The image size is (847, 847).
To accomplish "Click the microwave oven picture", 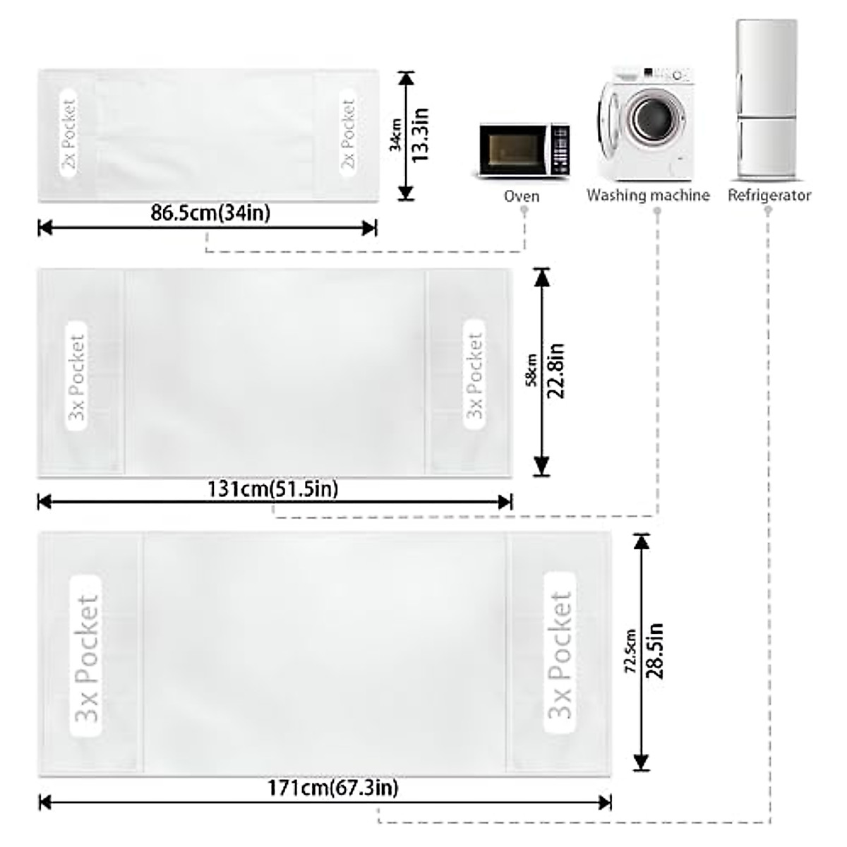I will click(x=524, y=150).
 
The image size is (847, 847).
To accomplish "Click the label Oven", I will click(x=522, y=196).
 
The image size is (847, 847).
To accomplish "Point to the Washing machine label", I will click(x=648, y=196).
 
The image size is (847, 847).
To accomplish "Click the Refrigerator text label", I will click(x=769, y=196).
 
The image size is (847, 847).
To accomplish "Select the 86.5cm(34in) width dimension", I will click(x=210, y=212).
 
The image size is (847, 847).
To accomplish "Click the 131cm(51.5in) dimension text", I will click(x=273, y=488).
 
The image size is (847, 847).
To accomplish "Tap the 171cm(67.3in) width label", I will click(x=332, y=787).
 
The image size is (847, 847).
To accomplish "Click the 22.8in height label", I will click(x=557, y=371).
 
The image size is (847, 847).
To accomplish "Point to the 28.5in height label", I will click(x=656, y=650).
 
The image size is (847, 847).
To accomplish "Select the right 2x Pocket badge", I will click(x=347, y=134).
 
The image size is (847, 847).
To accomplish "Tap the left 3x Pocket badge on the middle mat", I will click(x=77, y=376).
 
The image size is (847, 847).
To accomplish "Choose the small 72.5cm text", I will click(x=632, y=650).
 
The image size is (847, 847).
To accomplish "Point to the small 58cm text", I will click(x=533, y=371).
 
